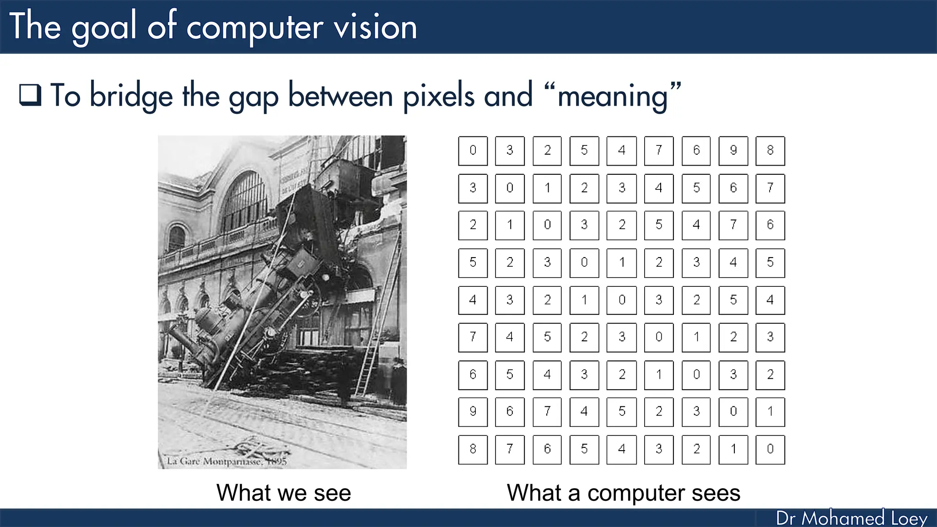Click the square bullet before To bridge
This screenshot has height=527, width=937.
click(30, 95)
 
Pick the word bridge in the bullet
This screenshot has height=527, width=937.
click(131, 96)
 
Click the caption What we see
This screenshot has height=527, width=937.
click(283, 493)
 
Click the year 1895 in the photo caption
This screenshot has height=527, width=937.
click(276, 461)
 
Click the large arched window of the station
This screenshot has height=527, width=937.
click(245, 201)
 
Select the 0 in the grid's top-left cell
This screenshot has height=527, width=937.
click(473, 151)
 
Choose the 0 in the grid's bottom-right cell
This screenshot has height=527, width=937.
click(770, 449)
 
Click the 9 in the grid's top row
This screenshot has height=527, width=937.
click(733, 151)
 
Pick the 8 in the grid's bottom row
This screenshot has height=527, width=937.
click(473, 449)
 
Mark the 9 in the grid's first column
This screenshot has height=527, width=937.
click(473, 411)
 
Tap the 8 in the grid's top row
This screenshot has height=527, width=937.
click(770, 151)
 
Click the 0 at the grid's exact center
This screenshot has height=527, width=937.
click(621, 300)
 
